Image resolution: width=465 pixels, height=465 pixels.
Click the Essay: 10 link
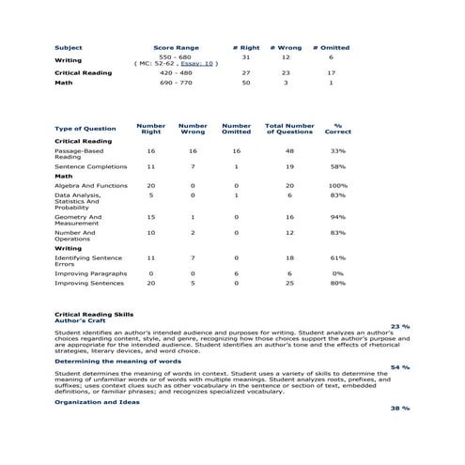tap(197, 64)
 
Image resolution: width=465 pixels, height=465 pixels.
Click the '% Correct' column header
tap(337, 128)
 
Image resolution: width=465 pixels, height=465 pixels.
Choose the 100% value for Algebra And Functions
tap(337, 186)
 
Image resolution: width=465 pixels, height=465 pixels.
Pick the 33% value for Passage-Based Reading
tap(337, 150)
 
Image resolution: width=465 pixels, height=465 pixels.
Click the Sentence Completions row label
tap(90, 165)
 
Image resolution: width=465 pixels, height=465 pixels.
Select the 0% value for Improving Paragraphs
tap(337, 272)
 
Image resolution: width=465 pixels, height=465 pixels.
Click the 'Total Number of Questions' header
tap(289, 128)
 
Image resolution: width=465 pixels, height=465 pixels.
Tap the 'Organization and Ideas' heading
tap(97, 402)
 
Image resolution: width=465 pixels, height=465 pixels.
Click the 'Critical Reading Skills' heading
tap(94, 314)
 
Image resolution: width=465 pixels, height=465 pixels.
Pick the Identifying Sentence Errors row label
tap(88, 260)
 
